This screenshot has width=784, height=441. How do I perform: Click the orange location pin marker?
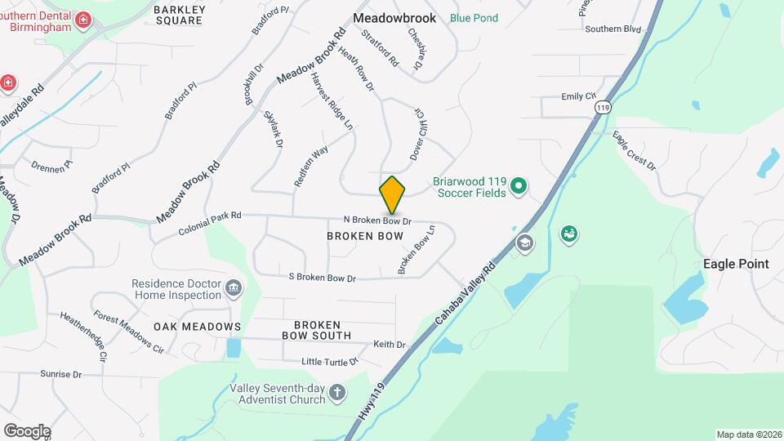tap(393, 195)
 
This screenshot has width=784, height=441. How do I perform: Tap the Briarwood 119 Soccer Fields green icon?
tap(517, 188)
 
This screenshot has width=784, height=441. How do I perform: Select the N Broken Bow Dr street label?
tap(376, 220)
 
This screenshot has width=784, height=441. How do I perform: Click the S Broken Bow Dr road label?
tap(323, 278)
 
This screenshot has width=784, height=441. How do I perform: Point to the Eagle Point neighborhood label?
tap(736, 264)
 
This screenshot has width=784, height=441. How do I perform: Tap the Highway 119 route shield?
tap(603, 107)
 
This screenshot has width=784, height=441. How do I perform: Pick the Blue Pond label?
tap(473, 17)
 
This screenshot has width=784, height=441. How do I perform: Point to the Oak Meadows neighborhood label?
tap(197, 327)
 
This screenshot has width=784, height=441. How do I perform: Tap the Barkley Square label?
tap(178, 15)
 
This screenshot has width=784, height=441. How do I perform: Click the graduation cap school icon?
tap(525, 243)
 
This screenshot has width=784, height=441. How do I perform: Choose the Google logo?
tap(27, 431)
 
